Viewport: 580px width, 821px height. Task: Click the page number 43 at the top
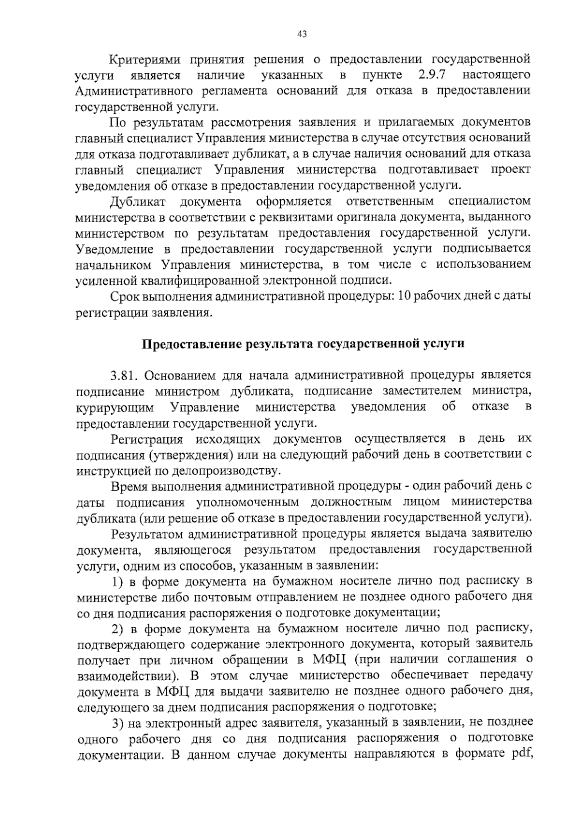coord(302,34)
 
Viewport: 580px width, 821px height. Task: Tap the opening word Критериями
coord(145,60)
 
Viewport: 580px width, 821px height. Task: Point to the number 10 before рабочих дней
coord(405,296)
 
